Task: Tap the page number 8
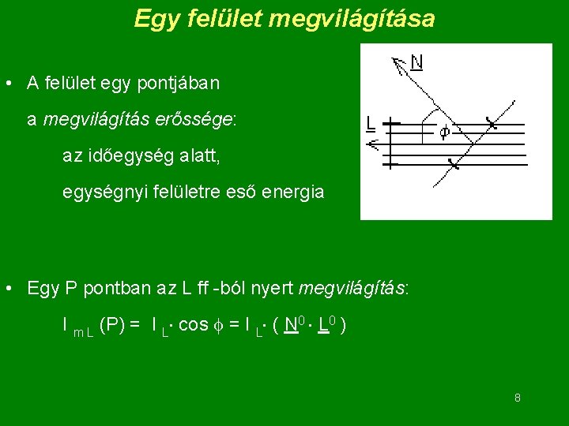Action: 518,398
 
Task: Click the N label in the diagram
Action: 416,62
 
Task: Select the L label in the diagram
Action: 371,123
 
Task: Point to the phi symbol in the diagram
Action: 444,133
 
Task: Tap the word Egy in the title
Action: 153,18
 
